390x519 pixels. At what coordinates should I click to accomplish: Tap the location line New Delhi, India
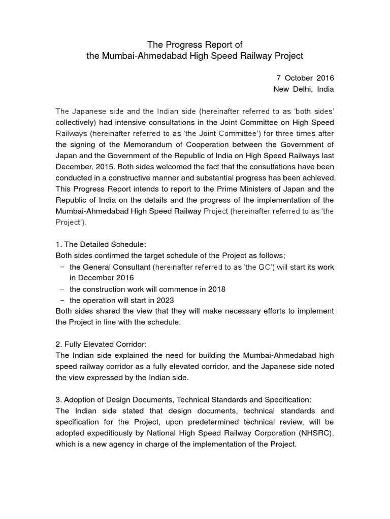click(304, 89)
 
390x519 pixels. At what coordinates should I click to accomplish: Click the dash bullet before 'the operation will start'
click(62, 300)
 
